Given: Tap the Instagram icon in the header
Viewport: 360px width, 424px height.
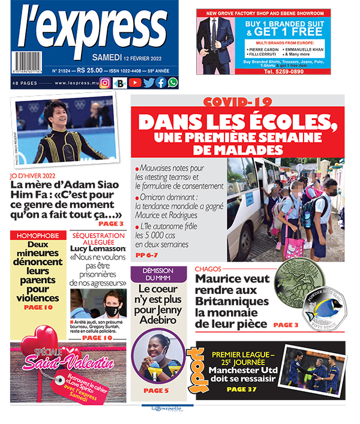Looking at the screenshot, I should pos(105,83).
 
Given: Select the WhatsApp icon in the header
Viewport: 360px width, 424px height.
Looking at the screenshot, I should pos(173,83).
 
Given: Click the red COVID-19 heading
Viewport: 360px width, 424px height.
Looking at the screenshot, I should pos(238,103).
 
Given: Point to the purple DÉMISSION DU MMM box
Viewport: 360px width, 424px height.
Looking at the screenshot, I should pos(158,275).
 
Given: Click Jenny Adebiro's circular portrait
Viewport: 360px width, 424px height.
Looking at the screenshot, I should pos(158,354).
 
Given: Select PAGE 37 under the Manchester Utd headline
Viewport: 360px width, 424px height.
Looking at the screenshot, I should pos(242,389).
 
